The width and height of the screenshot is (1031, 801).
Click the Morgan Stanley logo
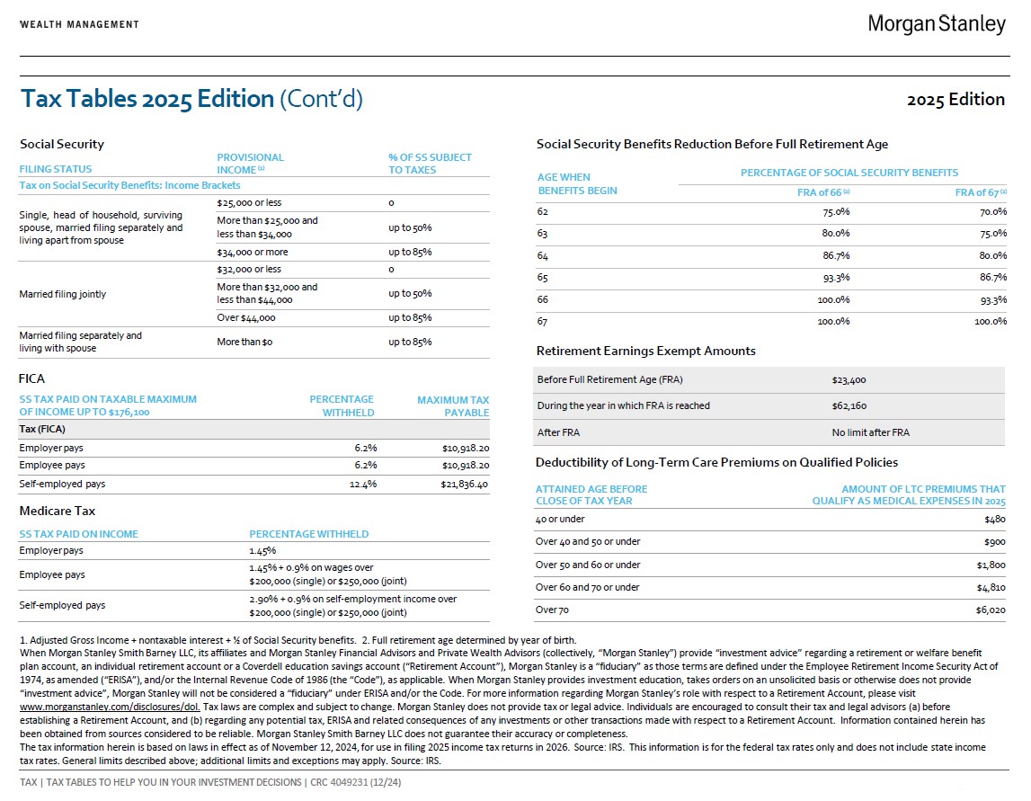pyautogui.click(x=936, y=24)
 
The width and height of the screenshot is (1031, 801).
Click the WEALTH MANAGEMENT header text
pyautogui.click(x=79, y=24)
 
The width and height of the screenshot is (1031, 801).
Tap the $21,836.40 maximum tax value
pyautogui.click(x=465, y=484)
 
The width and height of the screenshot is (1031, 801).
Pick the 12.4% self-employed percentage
pyautogui.click(x=364, y=484)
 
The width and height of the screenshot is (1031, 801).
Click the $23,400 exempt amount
pyautogui.click(x=849, y=380)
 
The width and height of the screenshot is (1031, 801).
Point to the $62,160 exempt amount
pyautogui.click(x=849, y=405)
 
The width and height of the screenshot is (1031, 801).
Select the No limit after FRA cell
pyautogui.click(x=870, y=432)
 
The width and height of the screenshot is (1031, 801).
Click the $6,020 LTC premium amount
pyautogui.click(x=990, y=610)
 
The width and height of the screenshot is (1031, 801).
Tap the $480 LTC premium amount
pyautogui.click(x=995, y=519)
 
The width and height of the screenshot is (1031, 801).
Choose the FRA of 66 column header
pyautogui.click(x=823, y=192)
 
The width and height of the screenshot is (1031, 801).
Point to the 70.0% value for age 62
pyautogui.click(x=992, y=212)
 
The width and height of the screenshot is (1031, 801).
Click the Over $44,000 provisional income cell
pyautogui.click(x=246, y=318)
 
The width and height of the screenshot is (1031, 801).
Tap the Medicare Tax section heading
pyautogui.click(x=58, y=511)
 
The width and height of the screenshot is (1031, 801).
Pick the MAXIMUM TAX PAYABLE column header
pyautogui.click(x=453, y=406)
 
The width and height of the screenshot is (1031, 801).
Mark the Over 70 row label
pyautogui.click(x=552, y=610)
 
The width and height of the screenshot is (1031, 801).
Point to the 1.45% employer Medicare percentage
pyautogui.click(x=262, y=550)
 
